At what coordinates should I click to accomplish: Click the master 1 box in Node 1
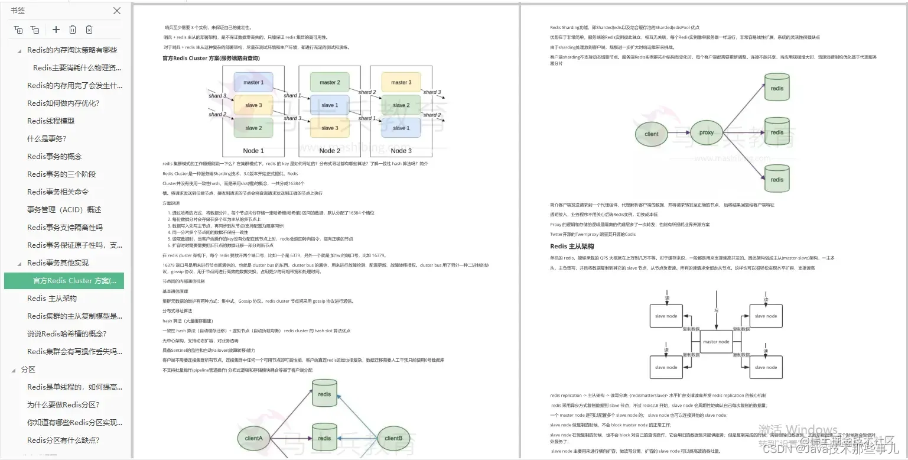[253, 82]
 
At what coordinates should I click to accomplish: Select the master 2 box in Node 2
[330, 82]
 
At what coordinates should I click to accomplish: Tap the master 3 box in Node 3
[401, 82]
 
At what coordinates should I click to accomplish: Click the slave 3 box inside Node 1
[253, 105]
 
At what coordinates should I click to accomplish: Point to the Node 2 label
[330, 151]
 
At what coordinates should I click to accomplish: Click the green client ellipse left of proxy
[651, 134]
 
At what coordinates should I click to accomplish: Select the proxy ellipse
[707, 132]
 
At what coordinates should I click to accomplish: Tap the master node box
[716, 342]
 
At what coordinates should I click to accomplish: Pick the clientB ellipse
[393, 438]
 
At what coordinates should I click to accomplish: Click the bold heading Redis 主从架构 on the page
[572, 247]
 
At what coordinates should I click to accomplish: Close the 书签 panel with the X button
[117, 11]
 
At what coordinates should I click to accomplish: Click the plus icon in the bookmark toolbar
[56, 30]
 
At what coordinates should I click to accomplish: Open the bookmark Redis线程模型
[51, 121]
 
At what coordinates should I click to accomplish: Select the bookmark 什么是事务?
[47, 139]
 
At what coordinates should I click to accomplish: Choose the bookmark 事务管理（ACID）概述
[64, 210]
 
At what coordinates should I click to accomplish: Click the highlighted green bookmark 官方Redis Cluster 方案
[70, 281]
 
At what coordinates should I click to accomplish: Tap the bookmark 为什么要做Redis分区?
[63, 405]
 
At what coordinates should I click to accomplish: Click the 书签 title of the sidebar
[18, 11]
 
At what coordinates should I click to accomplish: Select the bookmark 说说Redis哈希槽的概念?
[66, 334]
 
